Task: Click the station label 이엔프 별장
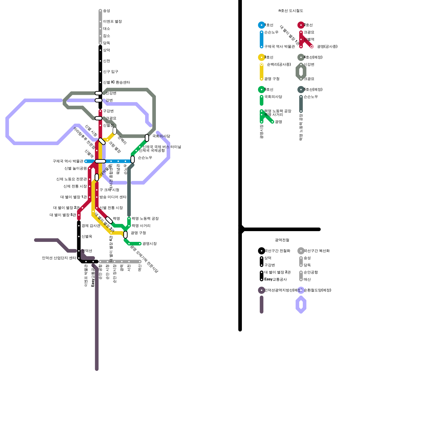112,21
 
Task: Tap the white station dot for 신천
100,61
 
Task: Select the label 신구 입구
110,72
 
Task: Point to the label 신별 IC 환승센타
116,83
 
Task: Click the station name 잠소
106,36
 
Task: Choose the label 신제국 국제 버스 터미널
162,147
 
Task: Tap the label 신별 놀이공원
76,169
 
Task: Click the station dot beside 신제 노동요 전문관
89,179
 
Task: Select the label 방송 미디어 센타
113,197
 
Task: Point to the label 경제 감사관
91,226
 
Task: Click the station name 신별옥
87,236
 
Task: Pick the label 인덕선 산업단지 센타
59,258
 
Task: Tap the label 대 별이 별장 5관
63,215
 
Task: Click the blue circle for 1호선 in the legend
261,25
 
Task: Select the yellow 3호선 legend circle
261,57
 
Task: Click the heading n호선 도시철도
291,11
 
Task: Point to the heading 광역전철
282,240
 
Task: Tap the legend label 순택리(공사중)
279,64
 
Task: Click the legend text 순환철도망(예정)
317,290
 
